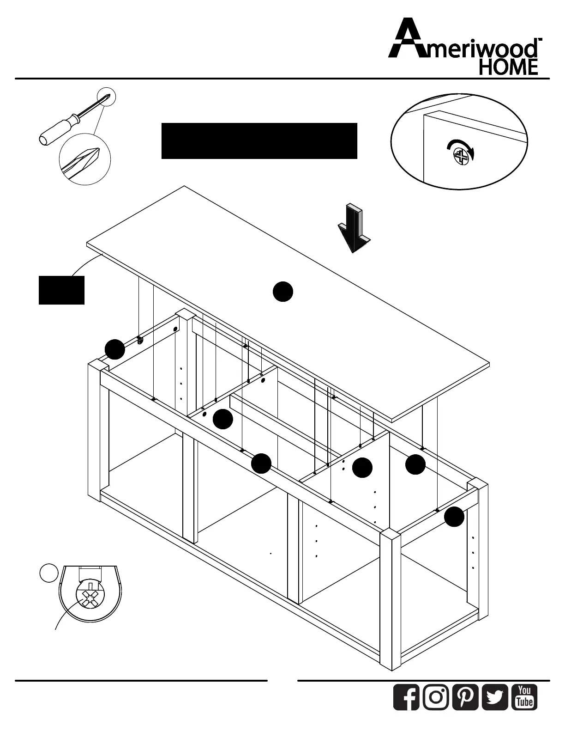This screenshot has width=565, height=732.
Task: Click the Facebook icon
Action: pos(406,697)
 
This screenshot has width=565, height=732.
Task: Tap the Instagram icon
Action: pos(436,697)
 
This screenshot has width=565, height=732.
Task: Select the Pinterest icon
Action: pos(465,697)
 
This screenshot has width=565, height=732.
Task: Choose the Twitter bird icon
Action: pos(495,697)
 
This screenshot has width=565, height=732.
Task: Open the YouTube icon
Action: pos(524,697)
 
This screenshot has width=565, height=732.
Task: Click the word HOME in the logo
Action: pos(508,67)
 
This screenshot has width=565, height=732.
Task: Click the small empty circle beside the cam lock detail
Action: pos(48,573)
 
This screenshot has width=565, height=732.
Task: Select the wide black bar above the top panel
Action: pos(259,141)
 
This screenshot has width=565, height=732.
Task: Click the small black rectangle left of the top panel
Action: pos(61,290)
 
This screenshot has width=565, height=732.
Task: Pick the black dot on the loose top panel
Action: pos(282,292)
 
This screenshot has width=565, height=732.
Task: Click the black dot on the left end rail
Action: pos(114,349)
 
